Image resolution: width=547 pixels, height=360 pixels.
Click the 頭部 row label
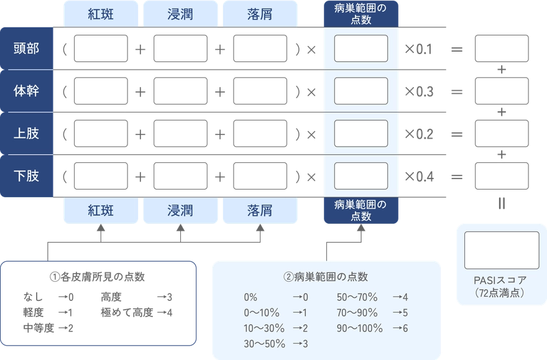(x=26, y=48)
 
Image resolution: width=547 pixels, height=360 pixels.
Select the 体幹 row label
(x=26, y=91)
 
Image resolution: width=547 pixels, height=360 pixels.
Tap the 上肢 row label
(x=26, y=133)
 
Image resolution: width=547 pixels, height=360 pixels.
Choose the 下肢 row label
(x=26, y=176)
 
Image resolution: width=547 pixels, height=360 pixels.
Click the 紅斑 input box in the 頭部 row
(x=101, y=48)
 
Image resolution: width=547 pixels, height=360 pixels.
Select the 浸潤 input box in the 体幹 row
(x=180, y=91)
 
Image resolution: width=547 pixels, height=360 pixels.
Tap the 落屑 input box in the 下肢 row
(x=260, y=176)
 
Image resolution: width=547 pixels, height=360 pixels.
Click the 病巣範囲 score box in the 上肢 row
(x=361, y=133)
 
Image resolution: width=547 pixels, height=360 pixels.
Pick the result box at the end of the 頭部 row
(x=502, y=48)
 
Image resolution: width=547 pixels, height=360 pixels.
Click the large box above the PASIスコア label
(x=502, y=250)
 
